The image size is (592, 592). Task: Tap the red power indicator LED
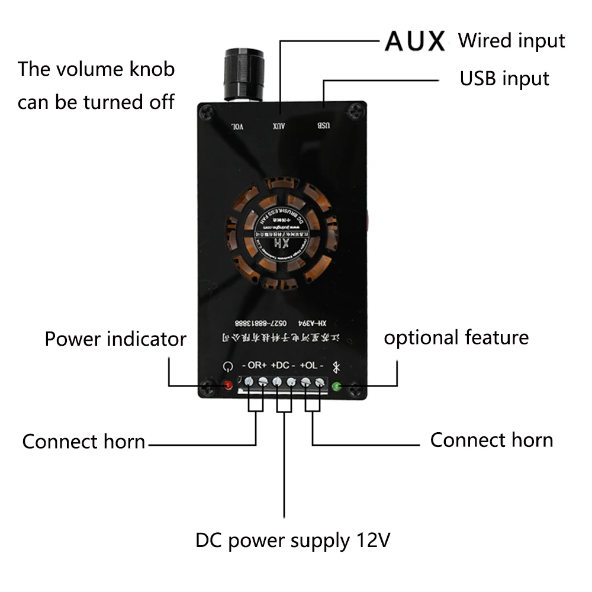pyautogui.click(x=228, y=386)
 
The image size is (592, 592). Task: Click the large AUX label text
pyautogui.click(x=414, y=41)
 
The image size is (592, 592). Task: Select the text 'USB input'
pyautogui.click(x=504, y=79)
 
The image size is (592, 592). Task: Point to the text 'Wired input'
pyautogui.click(x=511, y=41)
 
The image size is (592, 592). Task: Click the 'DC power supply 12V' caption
pyautogui.click(x=293, y=540)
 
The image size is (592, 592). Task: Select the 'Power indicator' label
pyautogui.click(x=115, y=339)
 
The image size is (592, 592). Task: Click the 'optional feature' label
pyautogui.click(x=456, y=337)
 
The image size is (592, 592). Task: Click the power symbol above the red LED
pyautogui.click(x=227, y=366)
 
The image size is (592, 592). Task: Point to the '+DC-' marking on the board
pyautogui.click(x=283, y=365)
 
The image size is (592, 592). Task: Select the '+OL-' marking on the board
pyautogui.click(x=311, y=365)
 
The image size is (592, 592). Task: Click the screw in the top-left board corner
pyautogui.click(x=207, y=111)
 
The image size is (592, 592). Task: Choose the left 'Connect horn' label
pyautogui.click(x=83, y=442)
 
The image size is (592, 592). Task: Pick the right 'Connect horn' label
pyautogui.click(x=491, y=440)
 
